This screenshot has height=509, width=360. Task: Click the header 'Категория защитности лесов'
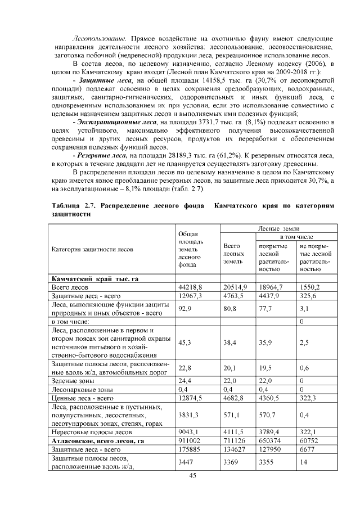pyautogui.click(x=91, y=250)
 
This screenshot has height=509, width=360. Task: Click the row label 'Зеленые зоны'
pyautogui.click(x=72, y=381)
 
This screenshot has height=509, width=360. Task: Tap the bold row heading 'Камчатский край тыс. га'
pyautogui.click(x=94, y=278)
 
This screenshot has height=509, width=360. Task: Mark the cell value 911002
pyautogui.click(x=188, y=442)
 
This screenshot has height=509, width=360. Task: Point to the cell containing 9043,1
pyautogui.click(x=188, y=433)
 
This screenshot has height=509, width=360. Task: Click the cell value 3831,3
pyautogui.click(x=188, y=415)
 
